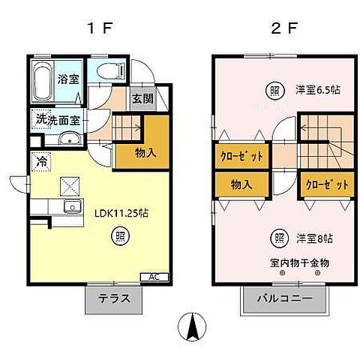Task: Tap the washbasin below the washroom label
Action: coord(67,138)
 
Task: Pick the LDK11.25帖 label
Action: coord(121,212)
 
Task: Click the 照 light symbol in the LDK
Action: coord(119,238)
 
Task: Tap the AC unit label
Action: coord(154,277)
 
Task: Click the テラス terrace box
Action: coord(115,297)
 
